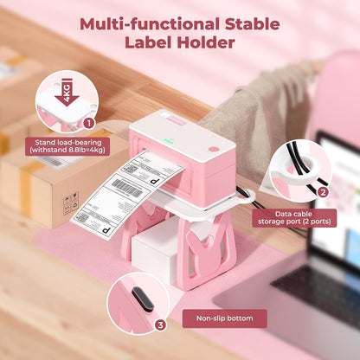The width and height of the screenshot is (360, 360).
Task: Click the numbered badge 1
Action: [x=88, y=125]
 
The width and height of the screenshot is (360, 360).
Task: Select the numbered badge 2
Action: [x=323, y=192]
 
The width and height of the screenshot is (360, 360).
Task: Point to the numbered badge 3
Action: [x=159, y=325]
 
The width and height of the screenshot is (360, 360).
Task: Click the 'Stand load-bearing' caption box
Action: [x=63, y=147]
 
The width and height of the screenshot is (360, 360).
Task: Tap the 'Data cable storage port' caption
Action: [x=308, y=217]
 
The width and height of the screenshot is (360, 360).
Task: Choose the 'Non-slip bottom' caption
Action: [x=225, y=318]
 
